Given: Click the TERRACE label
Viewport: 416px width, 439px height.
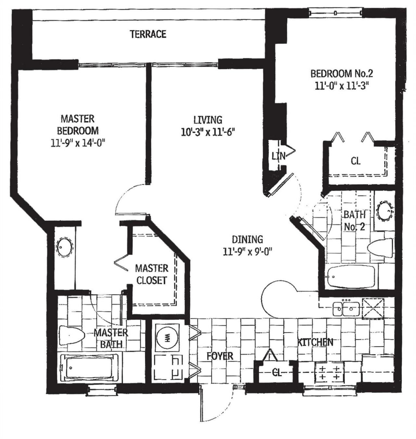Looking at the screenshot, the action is coord(148,34).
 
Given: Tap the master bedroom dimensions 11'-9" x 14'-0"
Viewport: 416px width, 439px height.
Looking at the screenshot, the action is coord(78,143).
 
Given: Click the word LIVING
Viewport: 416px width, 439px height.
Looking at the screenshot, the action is coord(208,120).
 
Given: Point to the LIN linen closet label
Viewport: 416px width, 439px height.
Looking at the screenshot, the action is coord(279,156).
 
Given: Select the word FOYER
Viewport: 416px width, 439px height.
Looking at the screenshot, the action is coord(220,355).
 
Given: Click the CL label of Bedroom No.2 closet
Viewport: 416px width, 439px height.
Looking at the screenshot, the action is coord(356,161).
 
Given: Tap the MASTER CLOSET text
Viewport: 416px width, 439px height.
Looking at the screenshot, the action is coord(152,274).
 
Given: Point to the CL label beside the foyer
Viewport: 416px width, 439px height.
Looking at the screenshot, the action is coord(277,373).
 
